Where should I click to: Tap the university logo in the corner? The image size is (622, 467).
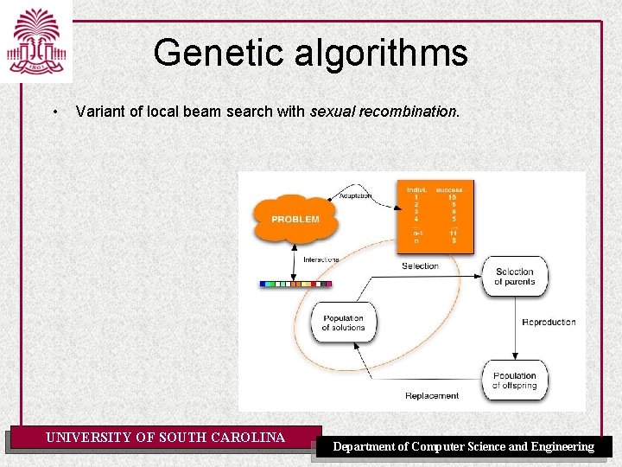35,41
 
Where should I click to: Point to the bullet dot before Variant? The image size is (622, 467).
54,112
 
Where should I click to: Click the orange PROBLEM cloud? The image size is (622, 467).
295,220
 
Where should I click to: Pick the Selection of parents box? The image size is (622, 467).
514,277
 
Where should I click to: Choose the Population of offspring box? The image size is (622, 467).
514,381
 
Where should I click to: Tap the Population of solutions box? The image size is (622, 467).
343,323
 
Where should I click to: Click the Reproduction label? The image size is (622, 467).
549,323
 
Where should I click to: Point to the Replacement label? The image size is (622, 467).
432,396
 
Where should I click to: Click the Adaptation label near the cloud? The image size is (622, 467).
355,195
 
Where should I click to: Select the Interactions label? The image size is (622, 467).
321,259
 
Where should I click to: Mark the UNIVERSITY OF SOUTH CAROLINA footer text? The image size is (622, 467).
165,438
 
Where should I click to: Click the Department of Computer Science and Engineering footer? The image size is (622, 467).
464,447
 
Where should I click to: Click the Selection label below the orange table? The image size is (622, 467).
420,265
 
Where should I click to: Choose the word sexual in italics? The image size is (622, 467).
328,112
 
